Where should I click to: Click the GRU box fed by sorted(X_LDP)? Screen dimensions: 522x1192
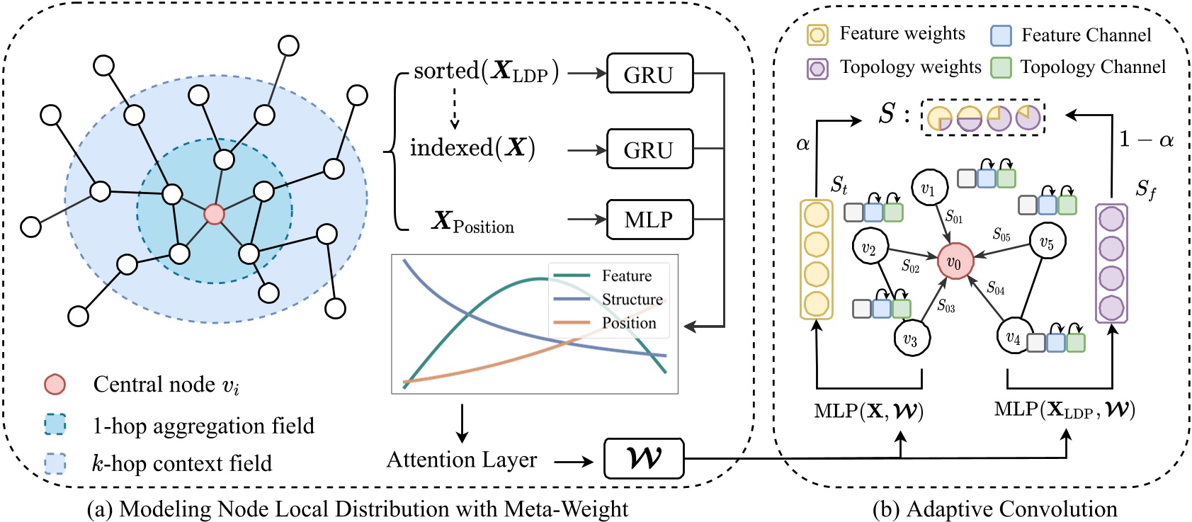(x=649, y=74)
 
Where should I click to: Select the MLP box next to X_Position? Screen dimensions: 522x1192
(x=649, y=220)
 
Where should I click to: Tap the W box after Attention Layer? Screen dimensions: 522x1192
(x=643, y=459)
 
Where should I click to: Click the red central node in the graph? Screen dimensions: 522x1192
(x=214, y=214)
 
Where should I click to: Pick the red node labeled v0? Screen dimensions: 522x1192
(x=955, y=262)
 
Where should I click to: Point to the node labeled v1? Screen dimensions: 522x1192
(x=929, y=188)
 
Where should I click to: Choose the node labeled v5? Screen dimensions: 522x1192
(x=1047, y=242)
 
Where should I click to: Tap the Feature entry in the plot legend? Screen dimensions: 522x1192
(x=626, y=276)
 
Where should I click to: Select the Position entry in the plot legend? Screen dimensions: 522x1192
(x=628, y=323)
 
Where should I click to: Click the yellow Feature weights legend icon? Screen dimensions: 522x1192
(x=817, y=35)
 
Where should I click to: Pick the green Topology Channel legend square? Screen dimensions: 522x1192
(x=1001, y=67)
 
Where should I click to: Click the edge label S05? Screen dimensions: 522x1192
(x=1001, y=234)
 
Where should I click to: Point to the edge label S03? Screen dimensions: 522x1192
(x=946, y=305)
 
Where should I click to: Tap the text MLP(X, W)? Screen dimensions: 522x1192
(x=869, y=411)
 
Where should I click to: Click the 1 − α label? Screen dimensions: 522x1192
(x=1145, y=140)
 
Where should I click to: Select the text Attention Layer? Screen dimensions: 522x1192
(x=462, y=460)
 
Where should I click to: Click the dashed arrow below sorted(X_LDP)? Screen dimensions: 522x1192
(x=455, y=110)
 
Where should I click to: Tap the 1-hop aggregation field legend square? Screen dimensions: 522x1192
(x=55, y=425)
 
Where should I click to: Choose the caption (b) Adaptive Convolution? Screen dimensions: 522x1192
(x=994, y=509)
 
